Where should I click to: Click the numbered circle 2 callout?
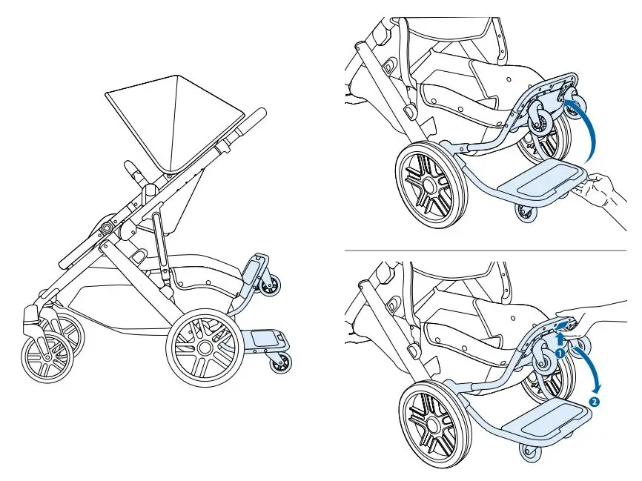coord(594,402)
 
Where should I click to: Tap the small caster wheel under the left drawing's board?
coord(282,362)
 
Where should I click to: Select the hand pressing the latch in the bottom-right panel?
coord(593,311)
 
